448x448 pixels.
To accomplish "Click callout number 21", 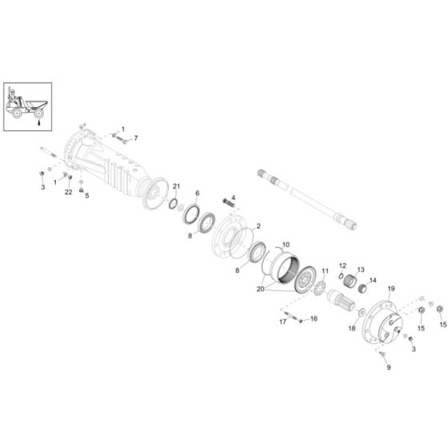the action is click(176, 186).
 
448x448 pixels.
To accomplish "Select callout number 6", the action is click(197, 194).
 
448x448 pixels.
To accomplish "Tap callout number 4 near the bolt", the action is click(234, 198).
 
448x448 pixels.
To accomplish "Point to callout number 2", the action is click(258, 226).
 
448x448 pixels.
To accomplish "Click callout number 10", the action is click(286, 245).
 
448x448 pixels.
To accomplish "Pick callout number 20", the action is click(260, 289).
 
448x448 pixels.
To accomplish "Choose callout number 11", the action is click(325, 271).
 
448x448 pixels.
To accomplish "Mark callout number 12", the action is click(342, 266).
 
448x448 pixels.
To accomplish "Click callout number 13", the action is click(361, 270).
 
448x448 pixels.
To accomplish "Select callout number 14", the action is click(373, 281).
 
